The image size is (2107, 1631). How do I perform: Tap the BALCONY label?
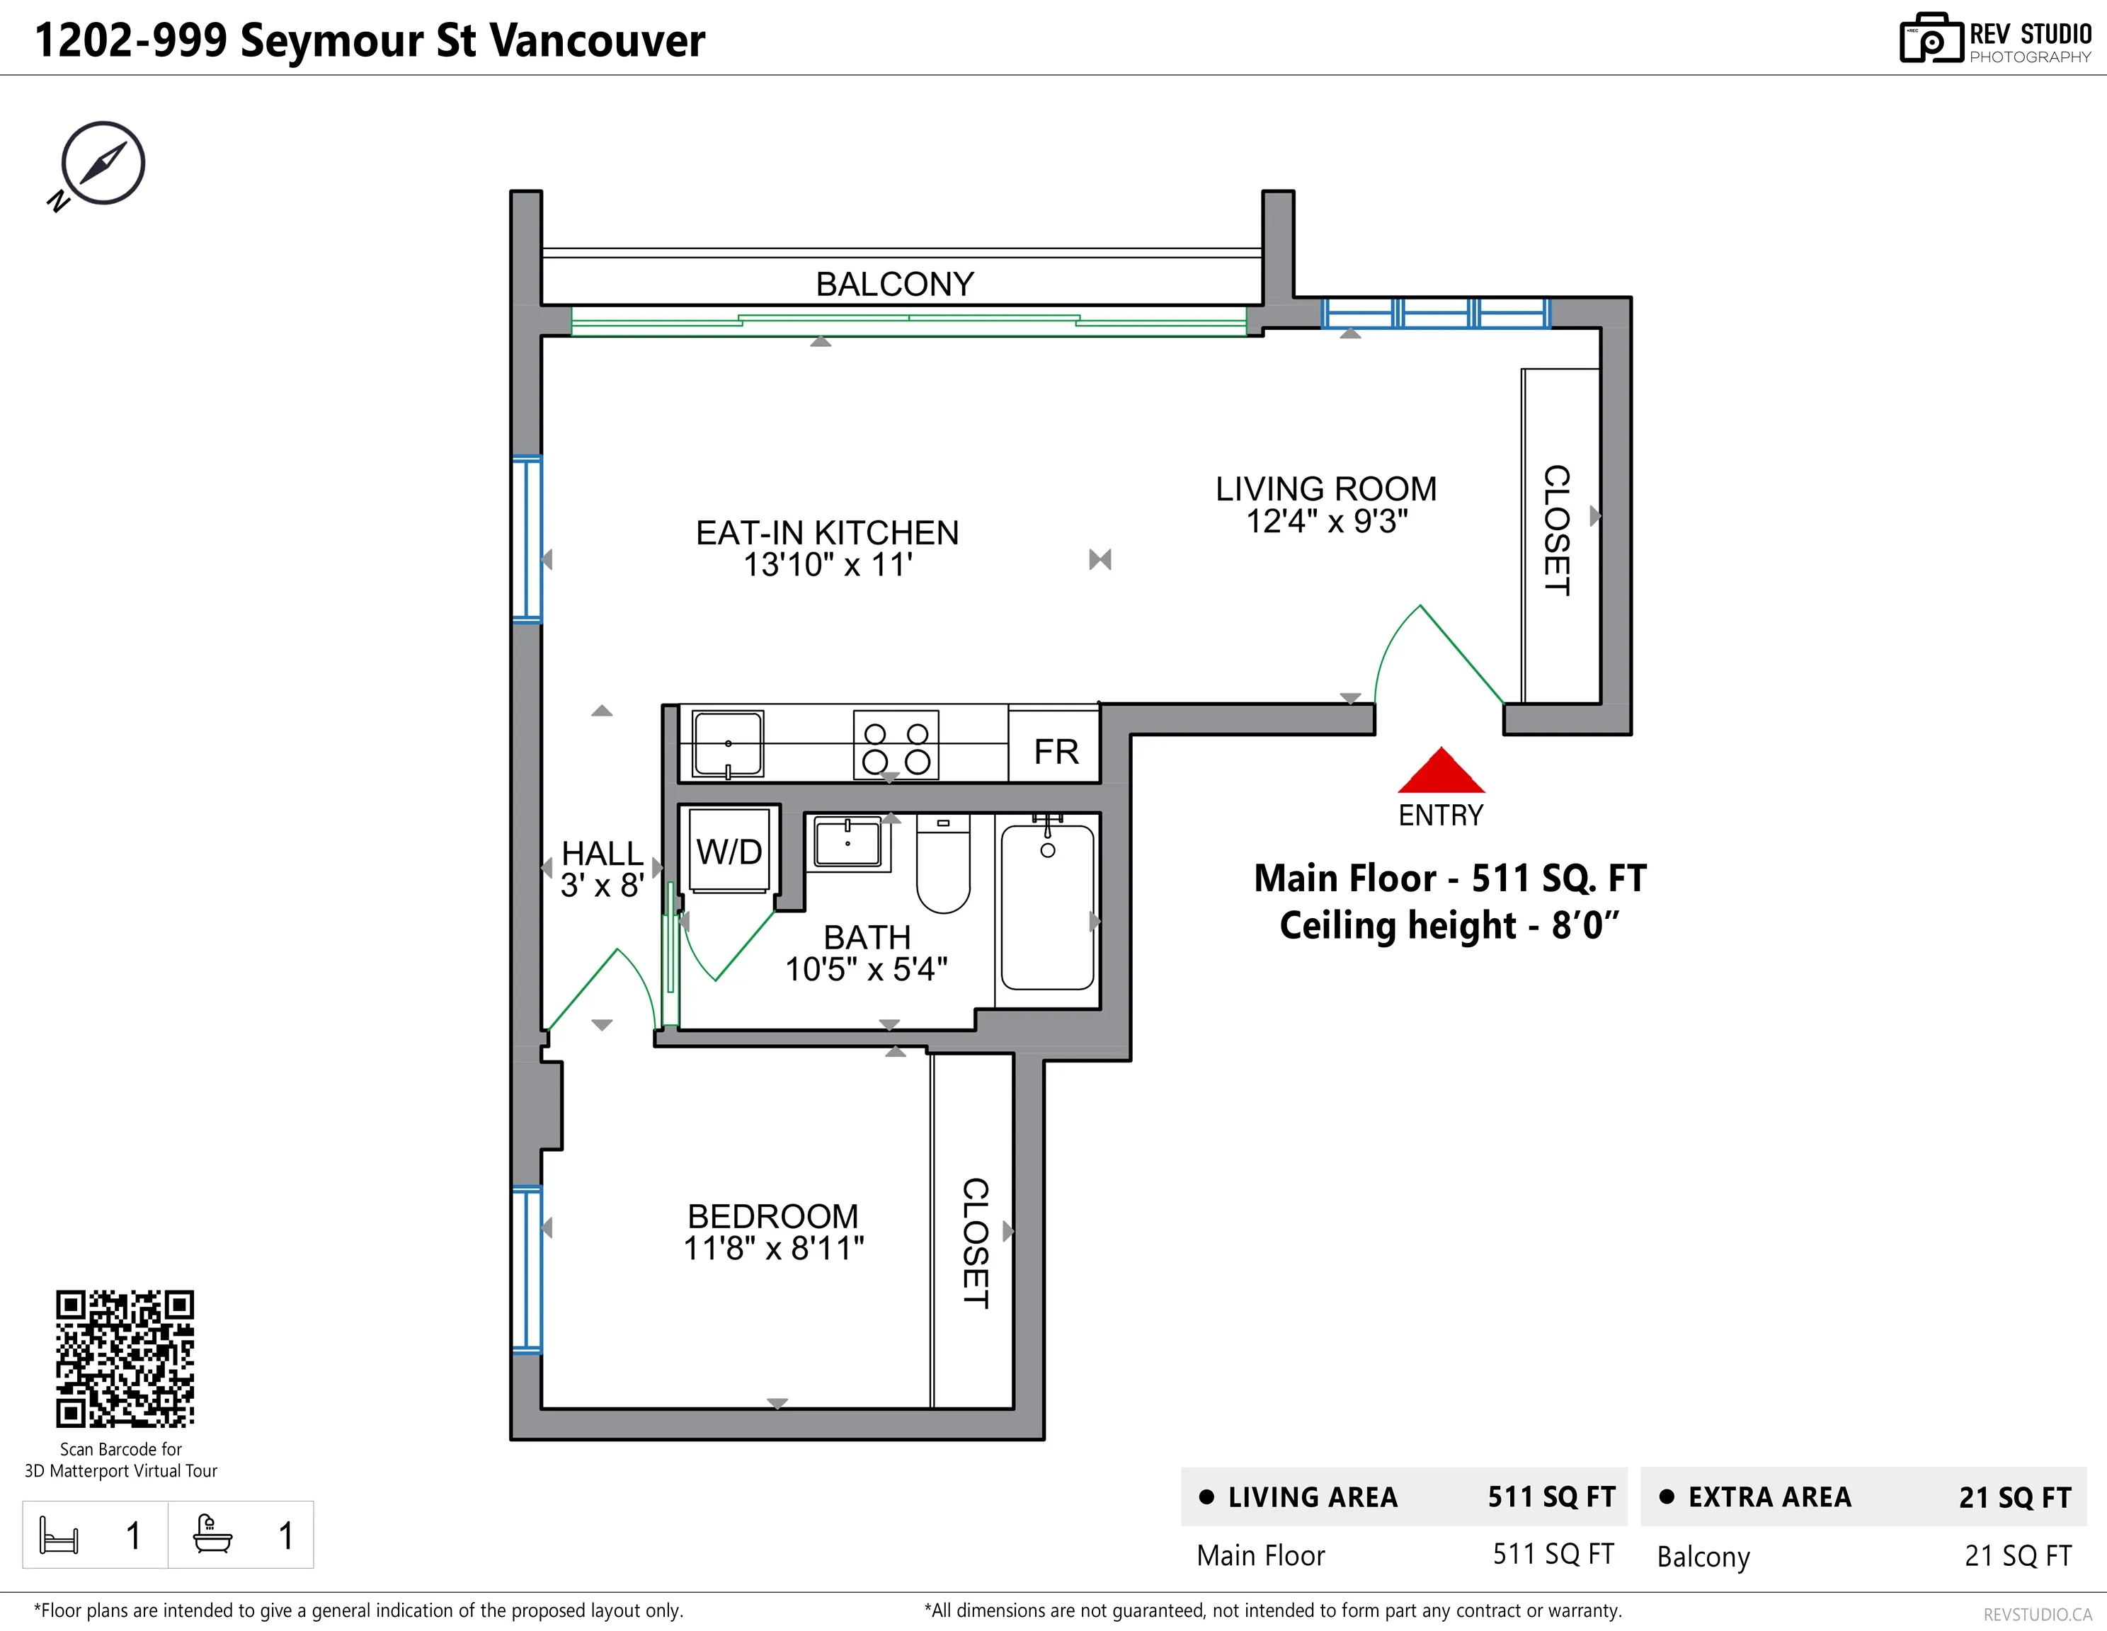[x=894, y=285]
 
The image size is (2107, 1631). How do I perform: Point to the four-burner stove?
[x=896, y=745]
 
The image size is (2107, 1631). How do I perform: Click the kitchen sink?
[x=729, y=743]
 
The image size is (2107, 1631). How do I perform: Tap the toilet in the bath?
[x=942, y=863]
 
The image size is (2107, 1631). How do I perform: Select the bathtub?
[x=1048, y=908]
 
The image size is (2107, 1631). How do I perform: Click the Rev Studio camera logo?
[x=1931, y=39]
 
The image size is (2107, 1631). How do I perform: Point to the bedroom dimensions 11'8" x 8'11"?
[x=774, y=1248]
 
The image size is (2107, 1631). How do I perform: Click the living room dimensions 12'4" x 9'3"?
[x=1327, y=522]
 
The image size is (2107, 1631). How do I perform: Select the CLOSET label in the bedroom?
[x=976, y=1242]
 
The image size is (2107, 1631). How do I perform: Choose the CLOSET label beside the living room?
[x=1556, y=530]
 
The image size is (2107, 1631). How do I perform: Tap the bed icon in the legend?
[x=59, y=1535]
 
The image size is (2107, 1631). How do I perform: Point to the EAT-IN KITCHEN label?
[x=827, y=532]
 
